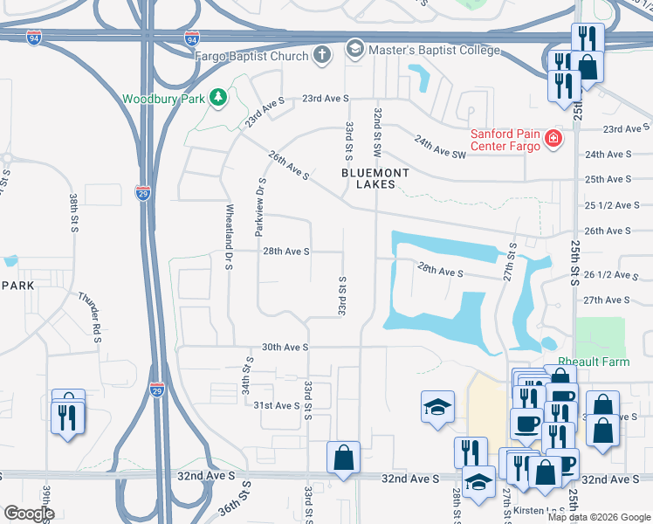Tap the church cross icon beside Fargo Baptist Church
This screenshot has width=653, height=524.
pyautogui.click(x=322, y=56)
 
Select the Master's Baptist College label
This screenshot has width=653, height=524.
pyautogui.click(x=434, y=50)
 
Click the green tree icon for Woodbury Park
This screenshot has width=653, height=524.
pyautogui.click(x=217, y=98)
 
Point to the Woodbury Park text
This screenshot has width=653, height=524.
pyautogui.click(x=163, y=99)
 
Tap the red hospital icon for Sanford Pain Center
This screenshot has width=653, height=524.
pyautogui.click(x=552, y=139)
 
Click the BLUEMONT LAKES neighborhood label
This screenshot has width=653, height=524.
pyautogui.click(x=375, y=179)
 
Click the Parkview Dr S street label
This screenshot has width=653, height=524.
pyautogui.click(x=259, y=208)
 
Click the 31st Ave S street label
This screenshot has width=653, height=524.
pyautogui.click(x=277, y=405)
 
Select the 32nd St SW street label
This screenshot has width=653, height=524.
pyautogui.click(x=378, y=132)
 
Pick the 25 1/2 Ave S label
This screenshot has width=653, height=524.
pyautogui.click(x=608, y=205)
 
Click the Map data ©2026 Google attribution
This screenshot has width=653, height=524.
pyautogui.click(x=598, y=517)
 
